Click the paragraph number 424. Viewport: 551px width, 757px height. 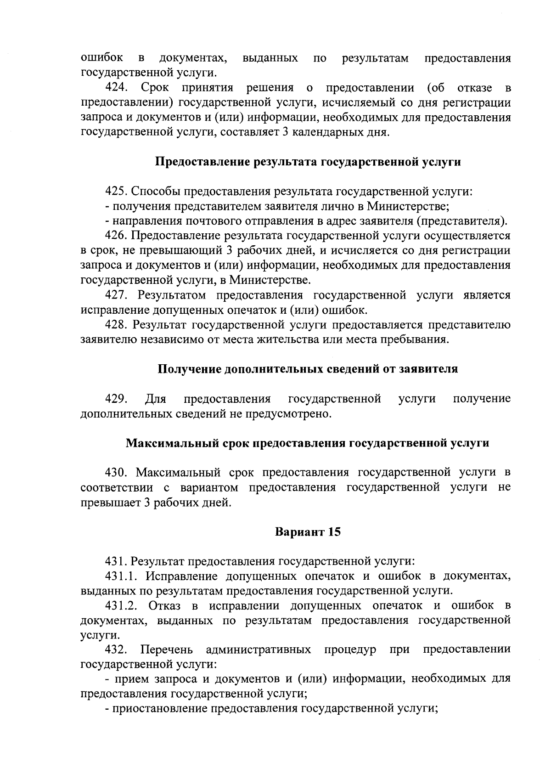(117, 87)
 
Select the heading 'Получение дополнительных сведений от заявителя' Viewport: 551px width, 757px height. (308, 369)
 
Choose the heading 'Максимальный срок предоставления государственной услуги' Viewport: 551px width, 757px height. (308, 443)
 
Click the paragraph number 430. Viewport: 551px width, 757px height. (117, 472)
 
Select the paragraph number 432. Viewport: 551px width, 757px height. (117, 650)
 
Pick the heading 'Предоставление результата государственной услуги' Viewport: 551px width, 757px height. (308, 162)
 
